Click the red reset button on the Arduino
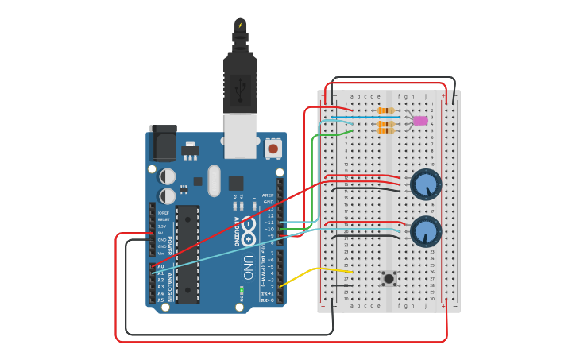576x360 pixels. tap(273, 148)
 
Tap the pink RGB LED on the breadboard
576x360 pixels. tap(420, 121)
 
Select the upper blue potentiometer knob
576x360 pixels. tap(427, 185)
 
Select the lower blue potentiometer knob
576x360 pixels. tap(427, 231)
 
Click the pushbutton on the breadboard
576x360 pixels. tap(389, 278)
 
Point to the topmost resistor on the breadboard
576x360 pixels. tap(386, 110)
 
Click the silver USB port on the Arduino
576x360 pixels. tap(240, 135)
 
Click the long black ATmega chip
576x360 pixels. tap(187, 254)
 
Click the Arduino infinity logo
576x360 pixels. tap(249, 230)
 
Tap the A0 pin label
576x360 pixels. tap(160, 266)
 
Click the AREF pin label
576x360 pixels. tap(268, 195)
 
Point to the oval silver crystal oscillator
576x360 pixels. tap(214, 180)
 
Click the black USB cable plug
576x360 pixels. tap(240, 79)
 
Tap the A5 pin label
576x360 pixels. tap(160, 300)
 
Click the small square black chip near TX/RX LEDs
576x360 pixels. tap(236, 183)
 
